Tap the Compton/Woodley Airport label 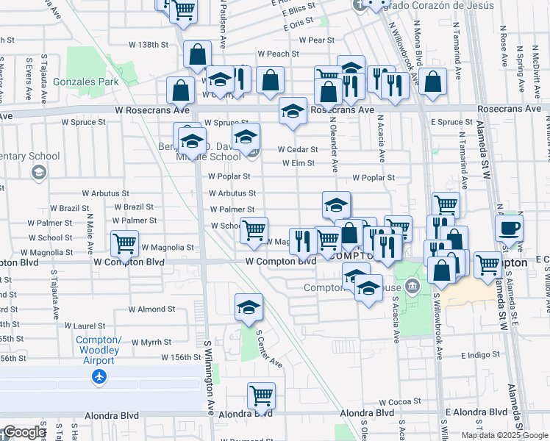pos(99,350)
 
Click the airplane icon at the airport pos(99,376)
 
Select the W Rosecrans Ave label pos(152,110)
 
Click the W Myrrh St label pos(152,342)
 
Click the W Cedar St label pos(297,149)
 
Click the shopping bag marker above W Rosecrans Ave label pos(181,90)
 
